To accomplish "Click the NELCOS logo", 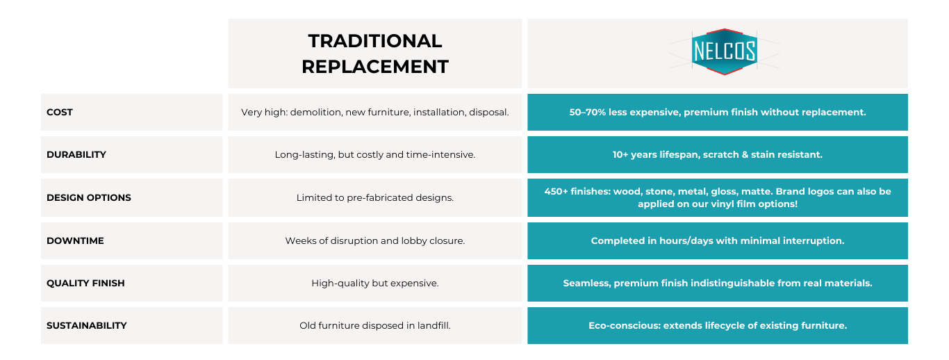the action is [724, 51].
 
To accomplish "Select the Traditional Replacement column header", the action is [375, 54].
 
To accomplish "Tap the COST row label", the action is [60, 113].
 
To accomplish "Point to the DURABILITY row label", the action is [76, 155].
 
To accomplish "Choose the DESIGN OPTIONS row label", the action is [89, 197].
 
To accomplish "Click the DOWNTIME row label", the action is [75, 241].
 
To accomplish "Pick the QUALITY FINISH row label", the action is [85, 284].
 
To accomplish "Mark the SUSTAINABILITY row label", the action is [86, 326].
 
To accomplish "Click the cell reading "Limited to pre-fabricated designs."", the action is [375, 197].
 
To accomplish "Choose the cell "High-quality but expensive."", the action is [375, 284].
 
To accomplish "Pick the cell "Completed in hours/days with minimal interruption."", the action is [717, 241].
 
